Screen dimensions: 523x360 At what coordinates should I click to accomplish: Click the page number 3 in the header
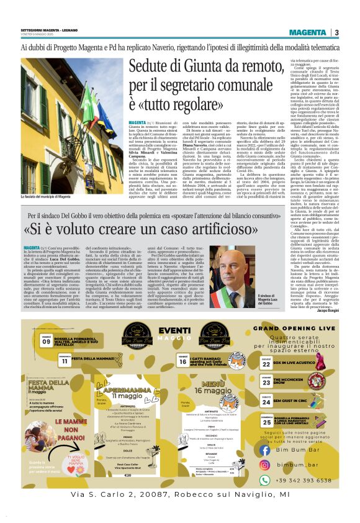coord(336,32)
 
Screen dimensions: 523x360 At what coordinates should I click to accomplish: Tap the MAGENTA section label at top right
coord(307,32)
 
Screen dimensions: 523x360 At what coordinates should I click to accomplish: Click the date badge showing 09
coord(47,340)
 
